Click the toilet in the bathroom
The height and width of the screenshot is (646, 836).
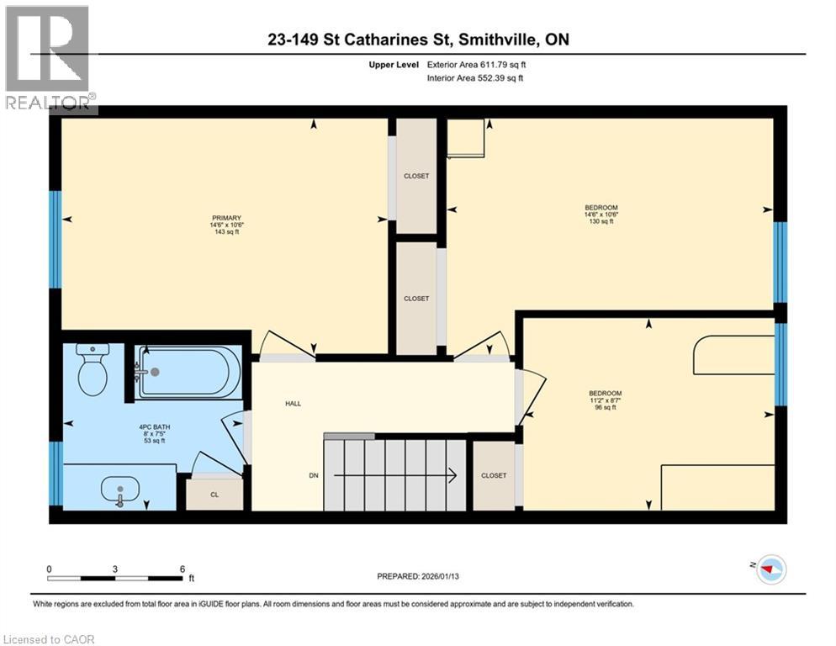point(92,371)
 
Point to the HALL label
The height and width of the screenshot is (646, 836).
point(292,404)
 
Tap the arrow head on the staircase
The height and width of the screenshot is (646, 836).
point(452,475)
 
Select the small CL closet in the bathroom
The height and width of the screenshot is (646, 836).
point(214,494)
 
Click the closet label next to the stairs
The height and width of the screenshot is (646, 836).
point(494,475)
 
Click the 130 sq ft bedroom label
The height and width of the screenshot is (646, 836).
point(601,214)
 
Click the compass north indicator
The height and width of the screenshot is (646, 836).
point(770,569)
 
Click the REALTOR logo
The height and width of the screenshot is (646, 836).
point(49,59)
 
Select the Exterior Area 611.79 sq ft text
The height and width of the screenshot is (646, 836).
point(479,64)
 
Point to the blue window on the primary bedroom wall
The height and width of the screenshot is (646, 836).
point(56,239)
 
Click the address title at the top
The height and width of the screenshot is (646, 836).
point(417,40)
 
